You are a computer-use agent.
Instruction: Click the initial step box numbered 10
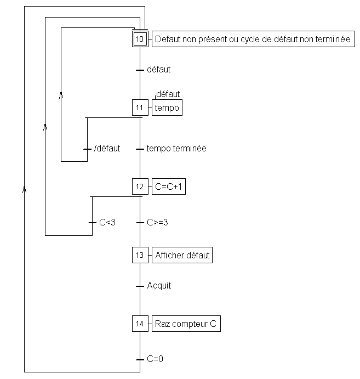coord(140,39)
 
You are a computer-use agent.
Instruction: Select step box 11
coord(140,108)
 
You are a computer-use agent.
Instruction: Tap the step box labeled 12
coord(140,186)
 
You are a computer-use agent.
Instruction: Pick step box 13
coord(140,255)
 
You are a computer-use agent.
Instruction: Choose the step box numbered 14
coord(140,324)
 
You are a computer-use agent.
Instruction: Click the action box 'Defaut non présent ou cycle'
coord(253,39)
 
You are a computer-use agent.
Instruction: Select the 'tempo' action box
coord(167,108)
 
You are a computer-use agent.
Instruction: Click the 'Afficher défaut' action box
coord(182,255)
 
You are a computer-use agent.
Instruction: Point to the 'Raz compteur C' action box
coord(186,324)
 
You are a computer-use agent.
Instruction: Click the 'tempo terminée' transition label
coord(176,149)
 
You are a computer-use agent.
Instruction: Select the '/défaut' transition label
coord(107,149)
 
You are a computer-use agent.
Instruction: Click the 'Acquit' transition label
coord(159,286)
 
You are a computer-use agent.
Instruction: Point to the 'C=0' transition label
coord(155,359)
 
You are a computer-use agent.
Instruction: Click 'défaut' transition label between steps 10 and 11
coord(159,70)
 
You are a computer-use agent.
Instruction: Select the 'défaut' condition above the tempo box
coord(168,94)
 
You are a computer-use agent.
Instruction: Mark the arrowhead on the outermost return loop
coord(24,189)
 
